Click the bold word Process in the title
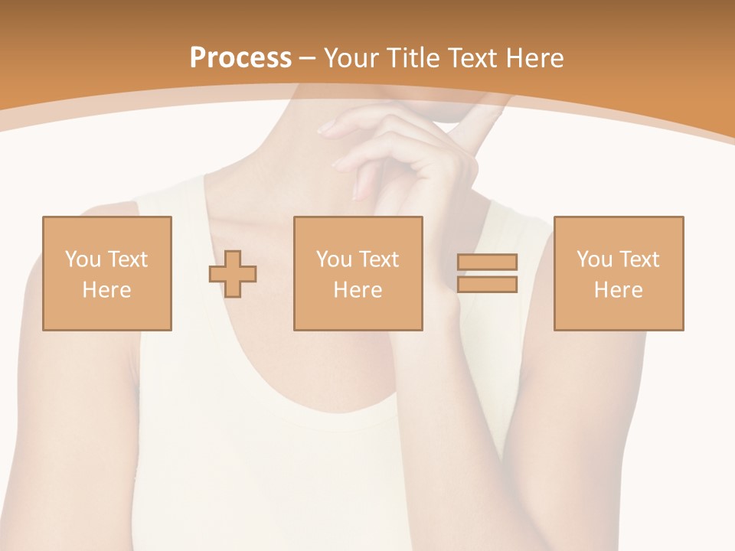click(240, 58)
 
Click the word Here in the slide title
click(534, 58)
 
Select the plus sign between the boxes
click(233, 274)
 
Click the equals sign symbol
click(487, 273)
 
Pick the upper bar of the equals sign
click(487, 262)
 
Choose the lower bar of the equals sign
click(487, 284)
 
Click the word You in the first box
click(83, 259)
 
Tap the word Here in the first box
click(106, 290)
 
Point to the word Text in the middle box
click(378, 259)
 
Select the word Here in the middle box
click(358, 290)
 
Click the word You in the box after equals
click(594, 259)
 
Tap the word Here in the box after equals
click(618, 290)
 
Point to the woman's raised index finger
click(479, 122)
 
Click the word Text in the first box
click(127, 259)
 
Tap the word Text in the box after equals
click(639, 259)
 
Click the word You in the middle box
click(334, 259)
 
